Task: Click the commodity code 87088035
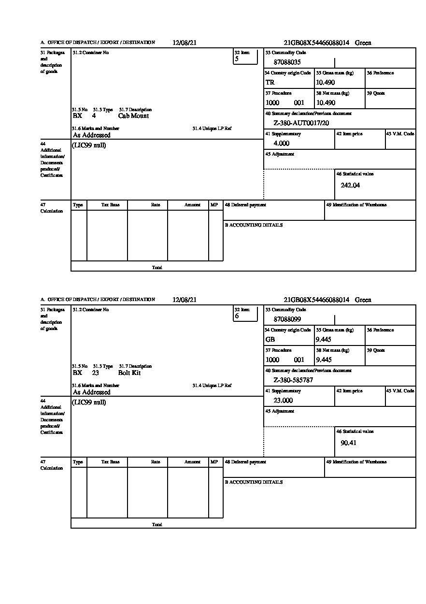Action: point(287,62)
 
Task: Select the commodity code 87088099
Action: point(287,319)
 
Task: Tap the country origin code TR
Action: point(270,83)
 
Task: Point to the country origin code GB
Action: point(270,340)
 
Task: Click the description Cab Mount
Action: point(133,116)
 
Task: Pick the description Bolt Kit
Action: point(129,373)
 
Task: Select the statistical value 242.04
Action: point(350,185)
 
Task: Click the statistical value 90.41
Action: point(348,443)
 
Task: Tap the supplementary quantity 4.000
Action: point(281,144)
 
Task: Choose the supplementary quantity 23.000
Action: point(283,401)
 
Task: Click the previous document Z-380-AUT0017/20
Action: point(301,123)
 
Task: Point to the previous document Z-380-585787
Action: point(293,380)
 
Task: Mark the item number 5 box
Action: point(246,57)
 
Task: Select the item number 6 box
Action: point(246,314)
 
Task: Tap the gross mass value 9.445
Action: point(324,340)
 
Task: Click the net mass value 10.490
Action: point(326,103)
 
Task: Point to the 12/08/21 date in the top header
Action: point(185,43)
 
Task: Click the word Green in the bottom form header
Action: point(363,300)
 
